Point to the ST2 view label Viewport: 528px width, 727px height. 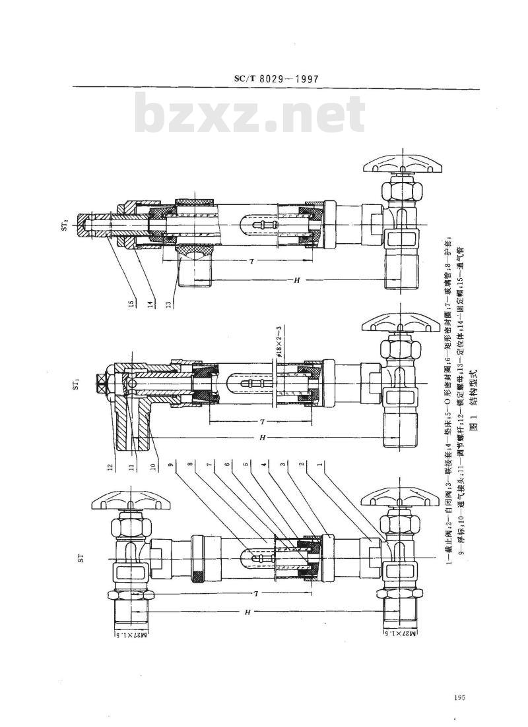click(x=66, y=225)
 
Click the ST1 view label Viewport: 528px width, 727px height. click(x=66, y=380)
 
